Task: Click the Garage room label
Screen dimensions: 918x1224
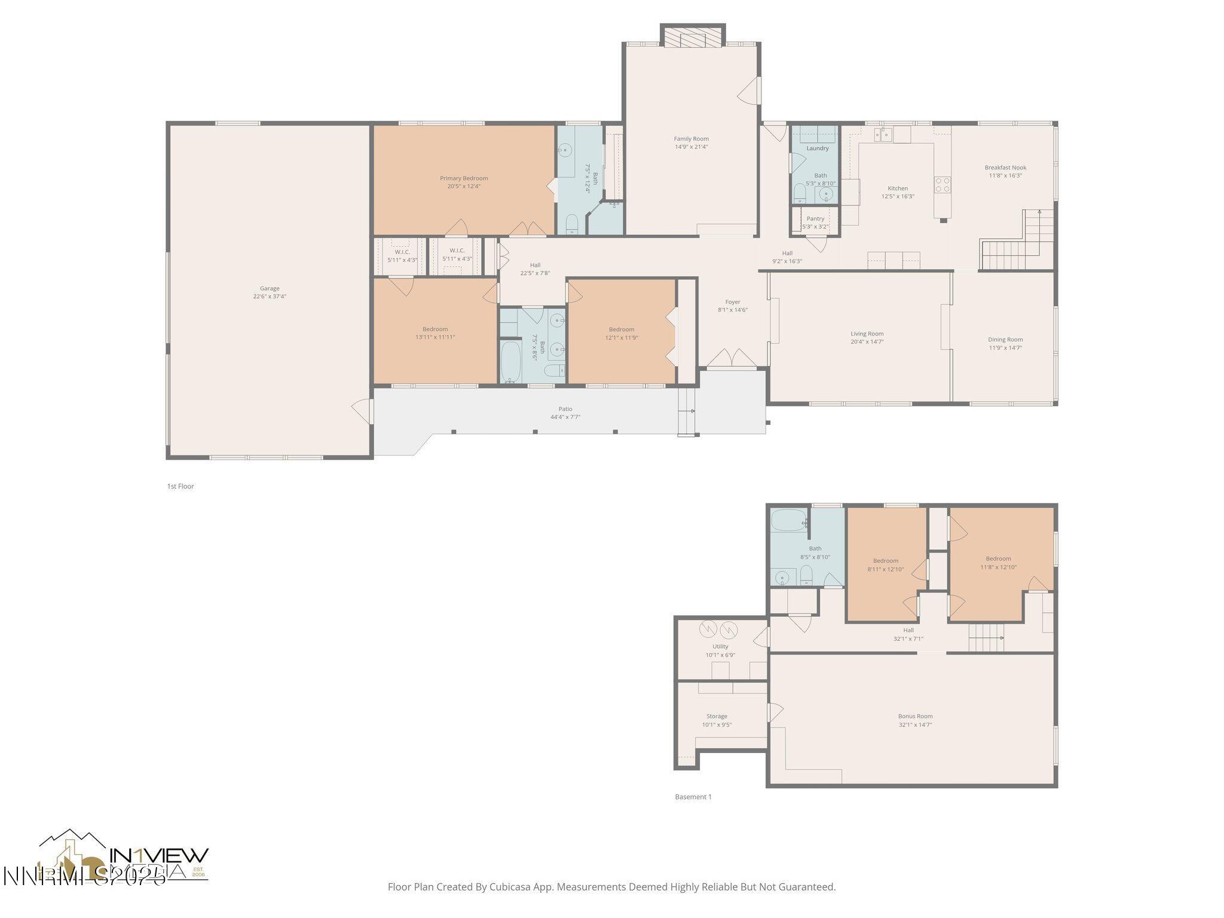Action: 270,288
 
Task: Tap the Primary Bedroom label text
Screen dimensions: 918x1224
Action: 464,178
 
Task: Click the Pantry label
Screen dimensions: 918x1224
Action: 815,219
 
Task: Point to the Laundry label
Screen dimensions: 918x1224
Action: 818,148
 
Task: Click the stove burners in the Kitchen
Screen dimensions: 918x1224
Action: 943,184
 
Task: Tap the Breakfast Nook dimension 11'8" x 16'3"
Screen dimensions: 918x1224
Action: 1006,176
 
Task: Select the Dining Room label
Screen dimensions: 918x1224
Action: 1005,339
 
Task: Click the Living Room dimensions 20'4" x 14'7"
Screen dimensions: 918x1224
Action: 867,342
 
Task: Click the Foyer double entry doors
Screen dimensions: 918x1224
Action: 732,358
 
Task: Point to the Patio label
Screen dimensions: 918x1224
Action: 565,409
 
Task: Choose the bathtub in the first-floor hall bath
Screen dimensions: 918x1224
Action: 510,361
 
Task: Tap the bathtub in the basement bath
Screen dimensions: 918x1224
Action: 787,519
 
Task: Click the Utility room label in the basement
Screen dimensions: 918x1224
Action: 720,646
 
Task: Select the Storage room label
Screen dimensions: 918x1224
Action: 717,716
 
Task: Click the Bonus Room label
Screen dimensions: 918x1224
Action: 915,716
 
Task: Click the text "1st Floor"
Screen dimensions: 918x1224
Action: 180,486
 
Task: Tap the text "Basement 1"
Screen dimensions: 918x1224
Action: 693,797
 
